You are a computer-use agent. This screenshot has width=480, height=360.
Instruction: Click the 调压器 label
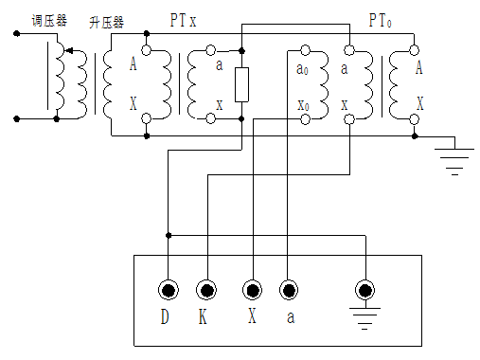coord(49,20)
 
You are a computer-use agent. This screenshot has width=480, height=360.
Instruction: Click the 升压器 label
coord(106,20)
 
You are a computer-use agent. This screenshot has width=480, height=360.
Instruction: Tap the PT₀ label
coord(382,19)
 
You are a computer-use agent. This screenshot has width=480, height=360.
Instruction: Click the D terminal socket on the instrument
coord(169,290)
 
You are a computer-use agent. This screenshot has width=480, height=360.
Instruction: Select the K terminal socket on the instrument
coord(205,290)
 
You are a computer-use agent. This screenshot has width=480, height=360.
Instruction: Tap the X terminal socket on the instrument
coord(251,290)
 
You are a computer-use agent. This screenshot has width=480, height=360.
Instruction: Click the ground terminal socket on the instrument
coord(361,290)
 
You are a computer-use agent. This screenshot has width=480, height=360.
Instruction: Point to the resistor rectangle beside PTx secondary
coord(242,85)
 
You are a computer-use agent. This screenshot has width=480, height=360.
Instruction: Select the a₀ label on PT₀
coord(301,70)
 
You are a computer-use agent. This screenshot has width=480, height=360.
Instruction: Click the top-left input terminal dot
coord(16,34)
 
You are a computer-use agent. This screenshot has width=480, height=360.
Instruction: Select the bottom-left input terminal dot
coord(16,119)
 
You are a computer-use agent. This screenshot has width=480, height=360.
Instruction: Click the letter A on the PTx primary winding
coord(133,65)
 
